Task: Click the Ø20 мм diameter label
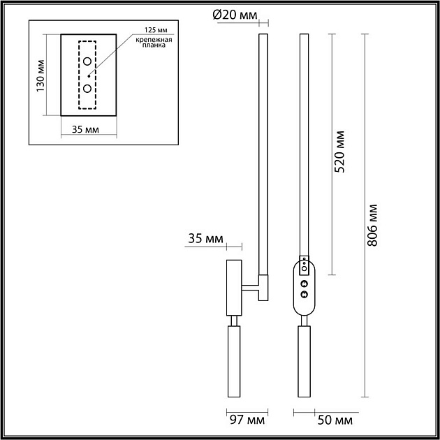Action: click(235, 15)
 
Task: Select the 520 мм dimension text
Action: click(340, 152)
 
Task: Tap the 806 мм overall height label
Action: click(372, 225)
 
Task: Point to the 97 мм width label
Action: click(247, 420)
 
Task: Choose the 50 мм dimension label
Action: click(335, 420)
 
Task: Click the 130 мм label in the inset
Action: click(41, 75)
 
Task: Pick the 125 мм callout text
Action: click(156, 30)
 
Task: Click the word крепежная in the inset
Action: click(154, 40)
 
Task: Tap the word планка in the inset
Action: click(154, 45)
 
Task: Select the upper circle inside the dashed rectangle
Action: click(87, 61)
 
